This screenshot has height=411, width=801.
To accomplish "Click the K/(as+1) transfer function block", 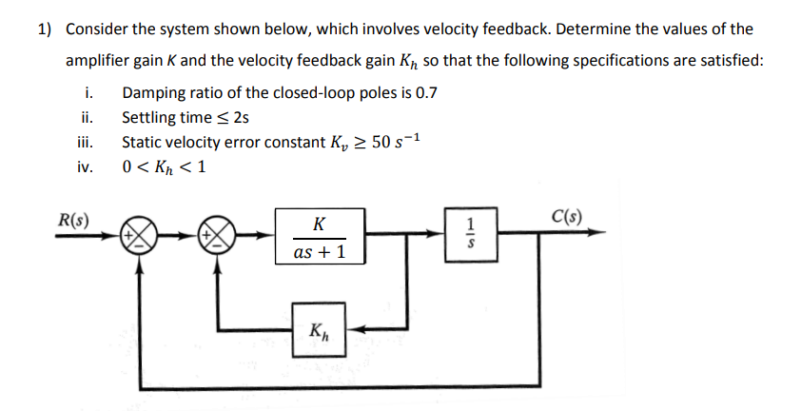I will click(x=319, y=236).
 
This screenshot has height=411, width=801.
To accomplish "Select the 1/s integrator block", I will click(x=465, y=234).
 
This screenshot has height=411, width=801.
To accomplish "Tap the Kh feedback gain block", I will click(x=319, y=331).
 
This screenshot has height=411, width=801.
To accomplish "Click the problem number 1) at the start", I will click(x=44, y=29).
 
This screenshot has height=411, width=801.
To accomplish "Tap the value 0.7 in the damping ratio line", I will click(x=424, y=93).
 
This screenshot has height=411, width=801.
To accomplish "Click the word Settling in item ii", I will click(x=150, y=118).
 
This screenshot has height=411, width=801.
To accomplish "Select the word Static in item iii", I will click(x=143, y=143).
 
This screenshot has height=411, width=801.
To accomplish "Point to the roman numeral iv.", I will click(x=86, y=167).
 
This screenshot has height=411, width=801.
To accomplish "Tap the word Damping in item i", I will click(x=154, y=93).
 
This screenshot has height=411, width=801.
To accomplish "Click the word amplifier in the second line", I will click(x=100, y=61).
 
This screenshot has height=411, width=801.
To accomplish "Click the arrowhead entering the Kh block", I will click(x=351, y=331).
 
